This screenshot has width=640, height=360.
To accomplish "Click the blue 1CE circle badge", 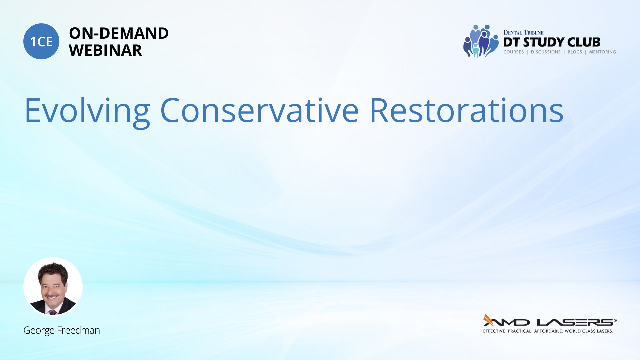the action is click(41, 41).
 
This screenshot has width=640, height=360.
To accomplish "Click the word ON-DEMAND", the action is click(119, 33).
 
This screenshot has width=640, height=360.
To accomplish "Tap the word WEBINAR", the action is click(105, 50).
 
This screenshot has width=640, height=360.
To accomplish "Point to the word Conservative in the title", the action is click(260, 110).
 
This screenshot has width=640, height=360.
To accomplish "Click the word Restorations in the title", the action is click(466, 110).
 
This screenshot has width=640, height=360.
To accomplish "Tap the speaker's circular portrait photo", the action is click(53, 286).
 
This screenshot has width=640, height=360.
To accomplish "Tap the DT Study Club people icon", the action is click(481, 41).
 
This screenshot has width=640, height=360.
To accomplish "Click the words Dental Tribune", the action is click(523, 33).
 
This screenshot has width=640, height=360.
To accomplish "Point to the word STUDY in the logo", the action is click(544, 42).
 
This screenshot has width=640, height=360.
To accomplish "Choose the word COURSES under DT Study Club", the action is click(514, 52).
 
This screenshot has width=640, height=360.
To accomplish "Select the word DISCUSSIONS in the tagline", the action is click(546, 52).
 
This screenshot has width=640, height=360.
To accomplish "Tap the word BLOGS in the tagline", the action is click(575, 52).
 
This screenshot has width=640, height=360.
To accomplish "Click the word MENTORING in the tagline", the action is click(602, 52).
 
